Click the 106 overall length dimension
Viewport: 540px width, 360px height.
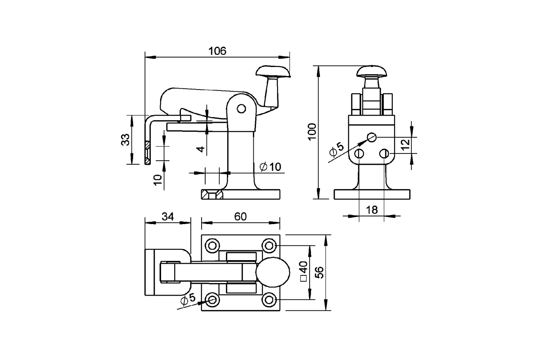(x=217, y=51)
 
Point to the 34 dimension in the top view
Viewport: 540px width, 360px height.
(x=168, y=216)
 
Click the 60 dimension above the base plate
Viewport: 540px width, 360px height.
(x=240, y=216)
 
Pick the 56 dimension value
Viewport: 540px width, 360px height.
(x=319, y=273)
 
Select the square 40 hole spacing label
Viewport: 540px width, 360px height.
(x=303, y=272)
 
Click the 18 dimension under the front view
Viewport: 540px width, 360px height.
(x=371, y=210)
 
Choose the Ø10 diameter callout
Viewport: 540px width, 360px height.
(x=270, y=166)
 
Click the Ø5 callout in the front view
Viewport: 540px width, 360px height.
(x=336, y=150)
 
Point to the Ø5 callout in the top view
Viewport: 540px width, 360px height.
(x=187, y=300)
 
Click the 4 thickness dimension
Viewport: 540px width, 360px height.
(x=201, y=148)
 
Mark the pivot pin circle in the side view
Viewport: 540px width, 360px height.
(x=241, y=108)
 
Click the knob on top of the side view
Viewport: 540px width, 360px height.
(x=273, y=71)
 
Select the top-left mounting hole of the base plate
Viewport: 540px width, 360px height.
(x=212, y=246)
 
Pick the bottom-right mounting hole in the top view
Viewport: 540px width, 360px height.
(x=269, y=299)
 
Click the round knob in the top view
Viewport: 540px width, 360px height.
(x=273, y=273)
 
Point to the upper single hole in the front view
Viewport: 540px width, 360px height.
(x=371, y=137)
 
